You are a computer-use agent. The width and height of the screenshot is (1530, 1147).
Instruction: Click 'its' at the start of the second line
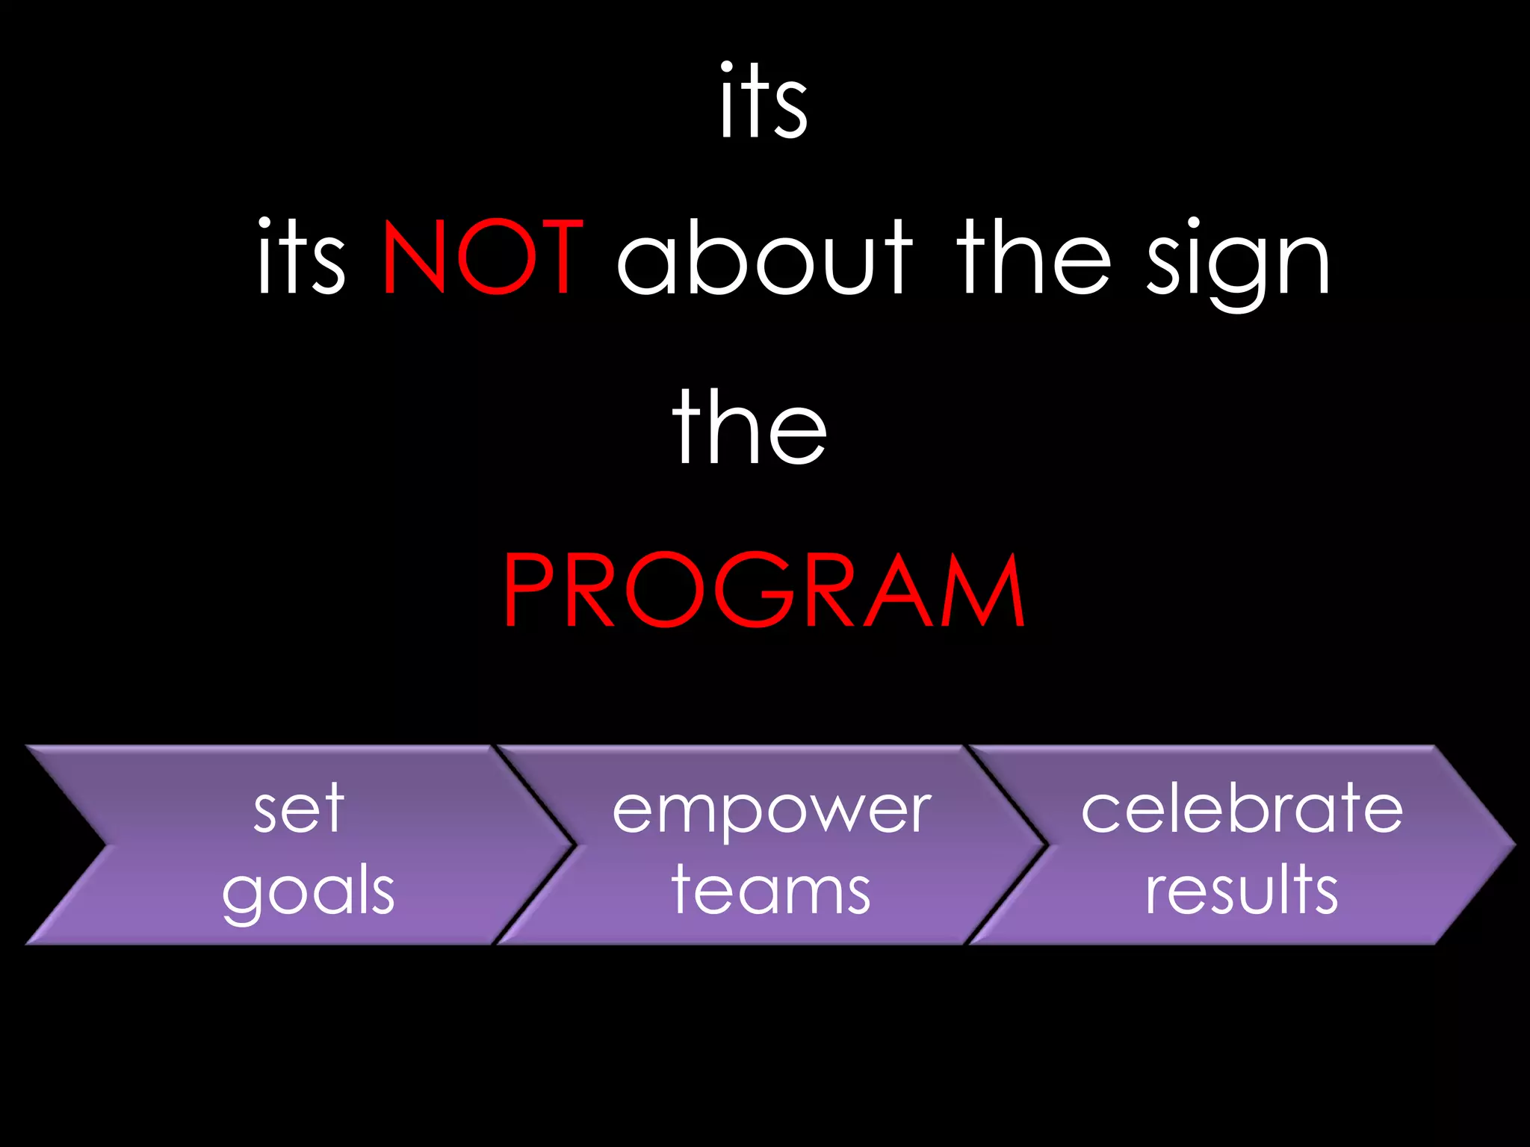click(300, 258)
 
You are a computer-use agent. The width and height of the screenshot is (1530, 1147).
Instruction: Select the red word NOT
click(482, 258)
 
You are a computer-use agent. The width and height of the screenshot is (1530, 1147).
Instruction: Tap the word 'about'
click(764, 258)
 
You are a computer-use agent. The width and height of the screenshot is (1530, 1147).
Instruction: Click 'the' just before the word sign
click(1033, 258)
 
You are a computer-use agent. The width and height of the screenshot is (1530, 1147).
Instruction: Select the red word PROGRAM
click(764, 591)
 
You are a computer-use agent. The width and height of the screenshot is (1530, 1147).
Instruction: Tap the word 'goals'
click(308, 892)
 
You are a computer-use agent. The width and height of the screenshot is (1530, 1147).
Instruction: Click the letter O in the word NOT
click(497, 258)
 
